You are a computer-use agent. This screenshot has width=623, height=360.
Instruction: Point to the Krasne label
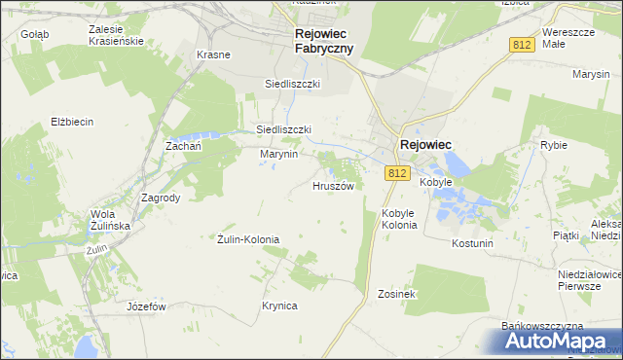213,54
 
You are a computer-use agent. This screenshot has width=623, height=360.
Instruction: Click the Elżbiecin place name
71,122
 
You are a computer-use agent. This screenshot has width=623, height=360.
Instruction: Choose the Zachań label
183,145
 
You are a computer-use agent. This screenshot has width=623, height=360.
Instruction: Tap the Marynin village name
277,154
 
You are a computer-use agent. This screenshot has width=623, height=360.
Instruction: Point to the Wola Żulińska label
109,220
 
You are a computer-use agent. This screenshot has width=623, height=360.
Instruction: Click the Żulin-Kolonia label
248,239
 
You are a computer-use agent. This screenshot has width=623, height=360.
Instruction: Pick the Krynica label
278,306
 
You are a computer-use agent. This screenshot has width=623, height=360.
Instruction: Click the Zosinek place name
397,293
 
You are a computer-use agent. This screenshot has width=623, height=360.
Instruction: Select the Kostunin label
473,242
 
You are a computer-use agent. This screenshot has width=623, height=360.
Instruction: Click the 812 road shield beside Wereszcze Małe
521,45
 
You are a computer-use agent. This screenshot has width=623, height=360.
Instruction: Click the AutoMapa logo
550,340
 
